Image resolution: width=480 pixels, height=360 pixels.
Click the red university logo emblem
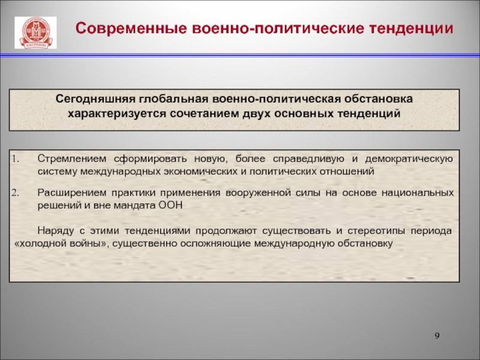click(x=35, y=32)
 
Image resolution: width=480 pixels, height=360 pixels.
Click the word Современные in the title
click(x=131, y=28)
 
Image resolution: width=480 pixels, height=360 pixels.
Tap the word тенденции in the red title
click(x=411, y=28)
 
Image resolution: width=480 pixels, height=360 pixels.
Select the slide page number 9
click(x=437, y=336)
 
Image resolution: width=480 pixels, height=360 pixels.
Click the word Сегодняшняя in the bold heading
click(x=95, y=99)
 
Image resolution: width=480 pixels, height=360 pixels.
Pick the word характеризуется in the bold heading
click(x=117, y=113)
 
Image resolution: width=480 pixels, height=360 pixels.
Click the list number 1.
click(x=16, y=159)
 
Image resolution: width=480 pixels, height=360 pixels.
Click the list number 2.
click(x=16, y=193)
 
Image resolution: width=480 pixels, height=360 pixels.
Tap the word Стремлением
click(x=72, y=159)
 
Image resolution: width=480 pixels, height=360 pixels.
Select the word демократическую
click(x=409, y=159)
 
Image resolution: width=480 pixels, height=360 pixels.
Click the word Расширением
click(x=71, y=193)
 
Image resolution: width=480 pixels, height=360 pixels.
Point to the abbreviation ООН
click(x=170, y=205)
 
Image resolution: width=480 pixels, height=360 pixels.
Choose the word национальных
click(x=418, y=193)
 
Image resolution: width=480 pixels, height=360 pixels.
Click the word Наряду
click(x=56, y=230)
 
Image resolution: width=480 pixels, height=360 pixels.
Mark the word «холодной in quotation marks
click(x=38, y=244)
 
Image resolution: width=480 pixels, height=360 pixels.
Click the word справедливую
click(x=308, y=159)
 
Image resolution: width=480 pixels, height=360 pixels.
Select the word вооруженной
click(x=258, y=193)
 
